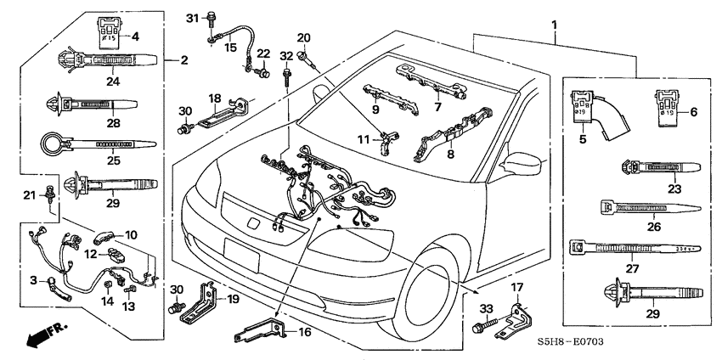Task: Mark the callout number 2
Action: (183, 59)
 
